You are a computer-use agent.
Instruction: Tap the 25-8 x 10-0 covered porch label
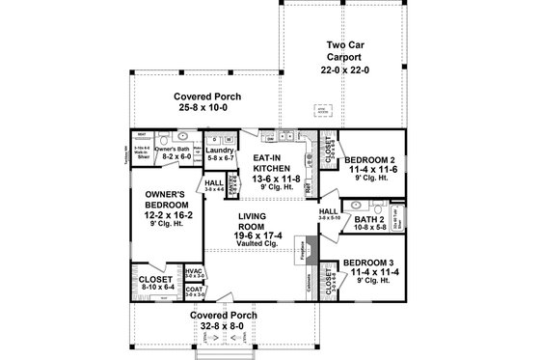point(206,103)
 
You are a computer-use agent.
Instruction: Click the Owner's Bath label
point(176,151)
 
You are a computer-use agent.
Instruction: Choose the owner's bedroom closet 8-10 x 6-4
point(150,283)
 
